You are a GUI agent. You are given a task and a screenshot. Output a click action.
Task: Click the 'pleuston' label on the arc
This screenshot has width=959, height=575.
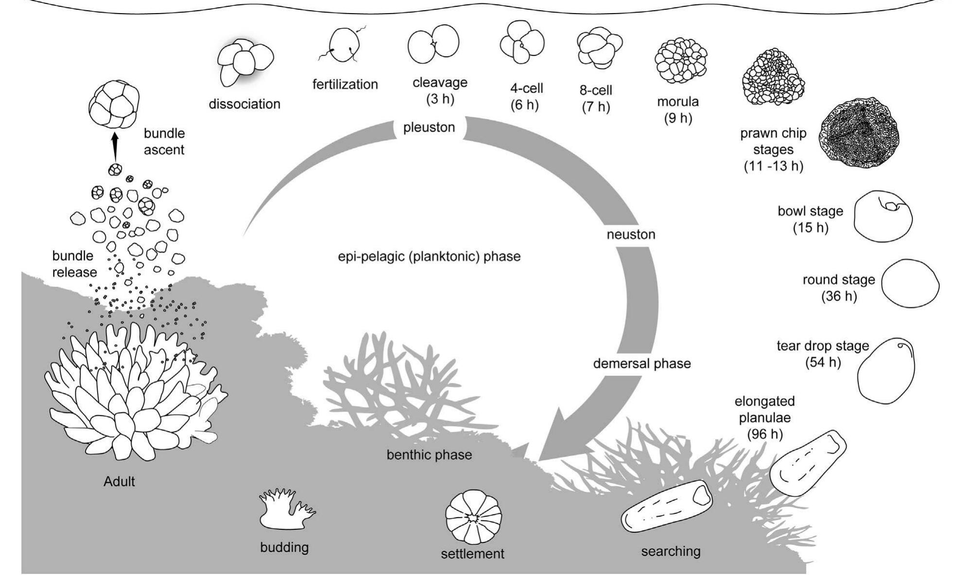coord(429,127)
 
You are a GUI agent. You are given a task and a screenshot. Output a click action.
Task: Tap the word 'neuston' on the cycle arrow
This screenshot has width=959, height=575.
coord(631,235)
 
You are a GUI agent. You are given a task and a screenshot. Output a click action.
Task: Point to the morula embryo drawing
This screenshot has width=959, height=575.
coord(680,62)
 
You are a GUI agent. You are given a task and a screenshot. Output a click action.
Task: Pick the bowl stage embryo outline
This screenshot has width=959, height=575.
coord(883,216)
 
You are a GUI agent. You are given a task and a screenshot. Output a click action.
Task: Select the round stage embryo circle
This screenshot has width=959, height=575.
coord(910,283)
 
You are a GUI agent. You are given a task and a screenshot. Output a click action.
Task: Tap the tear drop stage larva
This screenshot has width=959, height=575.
coord(886,371)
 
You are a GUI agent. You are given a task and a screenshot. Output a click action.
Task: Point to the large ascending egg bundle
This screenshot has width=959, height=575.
coord(114,105)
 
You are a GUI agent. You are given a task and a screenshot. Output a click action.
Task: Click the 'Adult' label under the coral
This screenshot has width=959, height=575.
coord(119,482)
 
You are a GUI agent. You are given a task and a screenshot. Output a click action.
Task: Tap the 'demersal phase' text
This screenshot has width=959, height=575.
coord(642,364)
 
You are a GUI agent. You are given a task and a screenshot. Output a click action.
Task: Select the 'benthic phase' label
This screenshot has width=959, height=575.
coord(429,455)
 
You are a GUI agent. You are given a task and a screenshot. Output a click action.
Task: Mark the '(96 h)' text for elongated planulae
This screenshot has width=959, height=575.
coord(765,434)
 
